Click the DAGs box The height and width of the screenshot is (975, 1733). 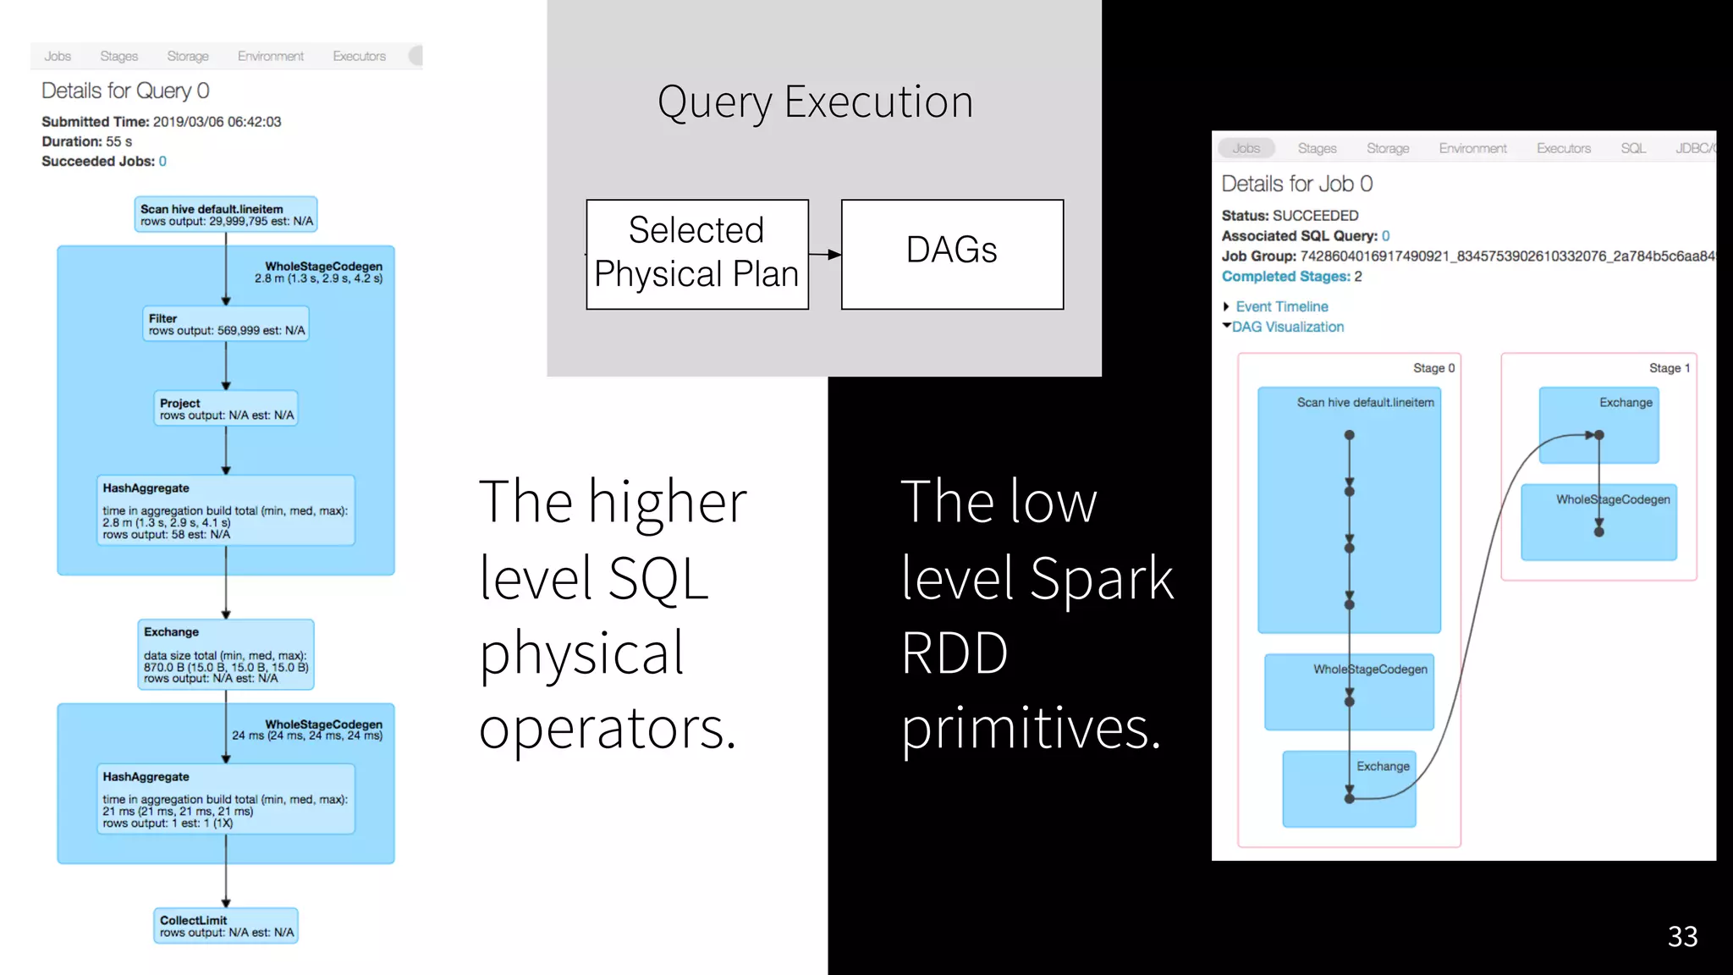coord(952,254)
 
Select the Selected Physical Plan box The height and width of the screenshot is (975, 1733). coord(697,254)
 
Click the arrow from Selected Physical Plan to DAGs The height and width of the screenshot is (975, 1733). coord(825,254)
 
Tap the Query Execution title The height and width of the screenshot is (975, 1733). coord(815,102)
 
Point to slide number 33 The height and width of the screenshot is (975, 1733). coord(1682,936)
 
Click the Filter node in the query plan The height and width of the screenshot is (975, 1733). coord(226,324)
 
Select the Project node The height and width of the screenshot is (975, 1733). coord(226,409)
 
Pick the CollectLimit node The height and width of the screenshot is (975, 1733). coord(226,926)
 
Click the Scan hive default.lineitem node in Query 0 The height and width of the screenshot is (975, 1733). coord(226,214)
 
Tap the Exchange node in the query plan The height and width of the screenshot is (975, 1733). coord(226,654)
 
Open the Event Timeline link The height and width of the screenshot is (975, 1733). coord(1281,306)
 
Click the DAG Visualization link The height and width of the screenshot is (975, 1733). coord(1287,327)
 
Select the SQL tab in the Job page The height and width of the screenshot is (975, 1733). coord(1632,148)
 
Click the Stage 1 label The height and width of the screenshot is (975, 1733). coord(1669,368)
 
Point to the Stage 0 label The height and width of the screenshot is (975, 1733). coord(1433,368)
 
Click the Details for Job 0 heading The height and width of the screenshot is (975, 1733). coord(1296,184)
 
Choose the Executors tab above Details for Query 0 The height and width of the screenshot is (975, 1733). coord(359,56)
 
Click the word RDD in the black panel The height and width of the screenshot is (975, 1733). coord(955,653)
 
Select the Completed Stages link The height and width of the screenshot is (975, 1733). coord(1285,276)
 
